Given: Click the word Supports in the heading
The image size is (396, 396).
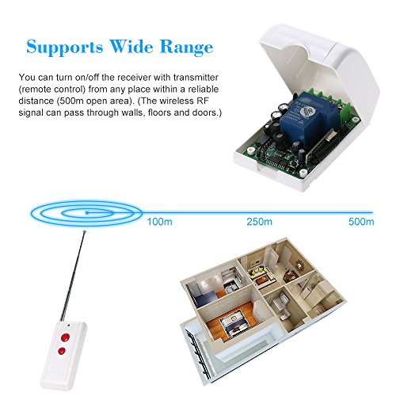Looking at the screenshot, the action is coord(65,48).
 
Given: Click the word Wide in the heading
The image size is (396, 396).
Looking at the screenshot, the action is coord(131,47).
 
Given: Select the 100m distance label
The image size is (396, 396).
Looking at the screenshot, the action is coord(160,222).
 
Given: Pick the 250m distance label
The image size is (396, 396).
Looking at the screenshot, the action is coord(259,222).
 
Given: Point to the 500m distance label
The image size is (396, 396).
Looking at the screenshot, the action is coord(361,222).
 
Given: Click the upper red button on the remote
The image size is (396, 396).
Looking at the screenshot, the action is coord(65,337).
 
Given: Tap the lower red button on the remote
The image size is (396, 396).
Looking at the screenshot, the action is coord(62,351).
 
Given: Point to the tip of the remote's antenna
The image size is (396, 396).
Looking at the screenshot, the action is coord(85,232).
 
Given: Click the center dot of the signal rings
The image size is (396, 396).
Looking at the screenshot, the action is coord(86,212).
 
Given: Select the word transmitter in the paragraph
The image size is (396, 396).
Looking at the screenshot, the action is coord(196,78).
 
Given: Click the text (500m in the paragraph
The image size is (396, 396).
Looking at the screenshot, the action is coord(70,101).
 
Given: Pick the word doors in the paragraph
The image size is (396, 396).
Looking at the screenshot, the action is coord(205,112).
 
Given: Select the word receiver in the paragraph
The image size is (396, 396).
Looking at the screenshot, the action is coord(134,78).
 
